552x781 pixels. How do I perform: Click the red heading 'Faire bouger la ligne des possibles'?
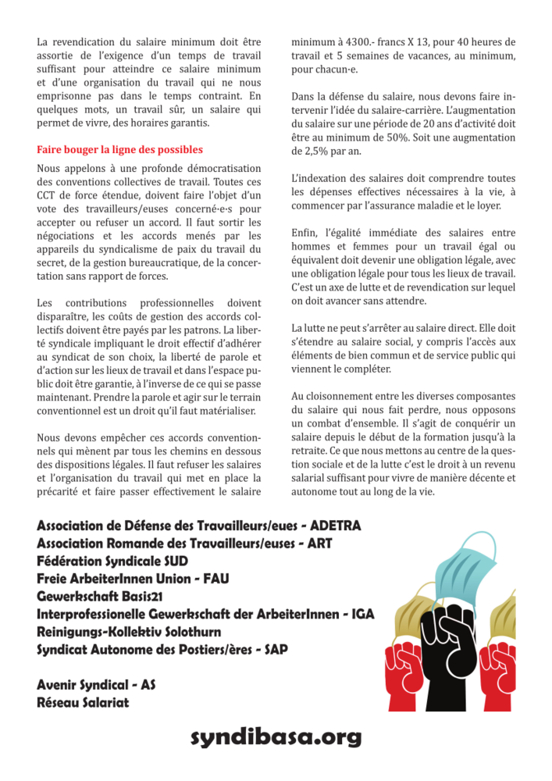tap(119, 149)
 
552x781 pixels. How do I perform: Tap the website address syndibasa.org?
tap(276, 737)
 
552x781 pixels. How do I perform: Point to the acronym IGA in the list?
tap(361, 615)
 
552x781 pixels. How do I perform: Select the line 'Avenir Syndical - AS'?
tap(96, 686)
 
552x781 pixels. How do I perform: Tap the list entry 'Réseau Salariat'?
tap(84, 704)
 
